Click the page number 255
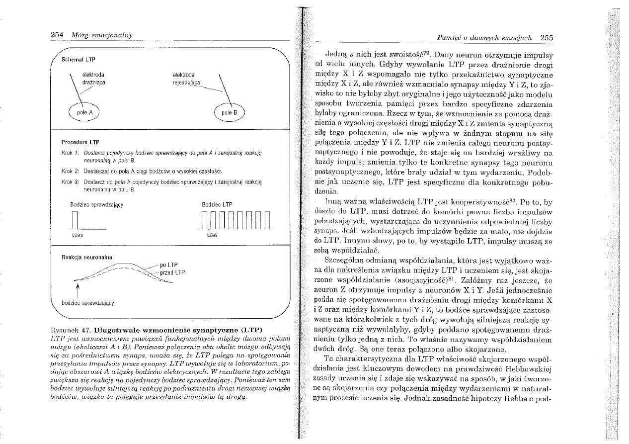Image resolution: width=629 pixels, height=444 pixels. (x=547, y=37)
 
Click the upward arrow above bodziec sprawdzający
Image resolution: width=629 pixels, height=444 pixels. (x=77, y=289)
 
